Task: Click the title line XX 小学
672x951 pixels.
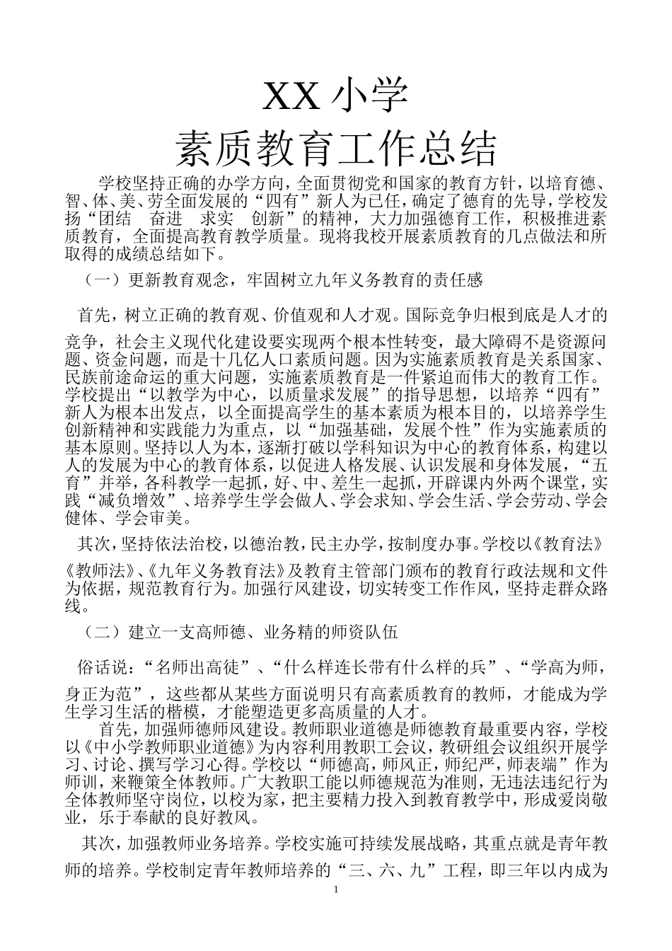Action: point(335,97)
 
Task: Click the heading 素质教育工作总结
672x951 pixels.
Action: point(335,149)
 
